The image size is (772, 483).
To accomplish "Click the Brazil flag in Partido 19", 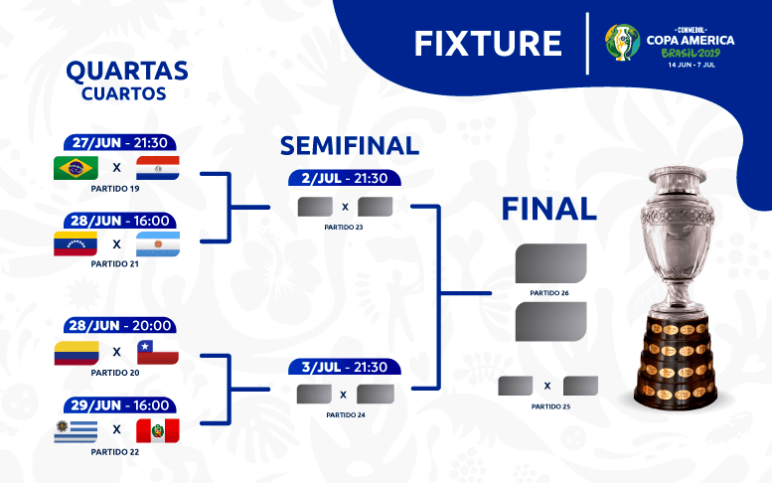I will [x=75, y=167].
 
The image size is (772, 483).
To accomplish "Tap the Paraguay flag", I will [x=157, y=167].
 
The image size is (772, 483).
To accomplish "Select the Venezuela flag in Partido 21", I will [x=75, y=243].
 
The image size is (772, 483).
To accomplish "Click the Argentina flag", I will [x=157, y=243].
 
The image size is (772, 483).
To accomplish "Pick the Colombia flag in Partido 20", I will [x=76, y=352].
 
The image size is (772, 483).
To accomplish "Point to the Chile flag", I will [x=157, y=352].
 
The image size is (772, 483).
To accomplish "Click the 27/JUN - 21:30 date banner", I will [x=118, y=143].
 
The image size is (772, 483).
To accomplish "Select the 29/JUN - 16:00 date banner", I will [x=118, y=405].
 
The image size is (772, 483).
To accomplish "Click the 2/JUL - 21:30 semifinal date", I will [x=344, y=179].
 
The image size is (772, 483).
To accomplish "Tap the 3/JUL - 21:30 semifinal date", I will [x=344, y=367].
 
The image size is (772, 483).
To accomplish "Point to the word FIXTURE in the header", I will [x=488, y=43].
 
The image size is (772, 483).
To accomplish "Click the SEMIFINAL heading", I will [x=349, y=146].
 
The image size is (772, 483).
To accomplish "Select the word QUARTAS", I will [x=126, y=72].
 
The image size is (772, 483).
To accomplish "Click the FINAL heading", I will [x=548, y=209].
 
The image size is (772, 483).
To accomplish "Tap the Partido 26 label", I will [x=549, y=293].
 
